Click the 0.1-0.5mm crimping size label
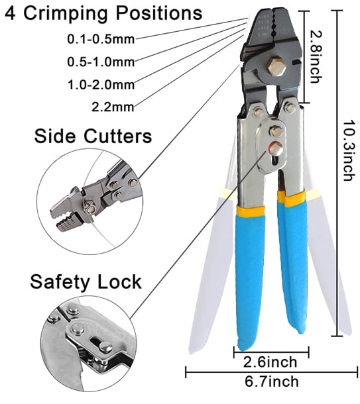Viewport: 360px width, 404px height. click(x=101, y=40)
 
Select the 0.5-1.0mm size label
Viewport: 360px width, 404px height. click(x=101, y=62)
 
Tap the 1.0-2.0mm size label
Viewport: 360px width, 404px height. click(x=101, y=85)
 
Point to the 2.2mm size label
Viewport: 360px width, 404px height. click(x=113, y=107)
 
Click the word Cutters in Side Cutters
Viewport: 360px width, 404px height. click(x=118, y=136)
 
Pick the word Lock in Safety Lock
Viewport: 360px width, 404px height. click(x=119, y=281)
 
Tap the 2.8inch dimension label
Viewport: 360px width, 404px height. click(x=316, y=56)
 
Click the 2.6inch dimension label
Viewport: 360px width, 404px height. click(x=270, y=362)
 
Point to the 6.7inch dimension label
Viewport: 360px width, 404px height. click(x=272, y=381)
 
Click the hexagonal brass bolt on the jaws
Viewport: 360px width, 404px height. click(x=276, y=66)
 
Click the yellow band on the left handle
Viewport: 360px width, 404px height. click(x=251, y=212)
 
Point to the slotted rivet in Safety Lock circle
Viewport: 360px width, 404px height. click(x=105, y=346)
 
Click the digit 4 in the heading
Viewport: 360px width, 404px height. click(x=11, y=14)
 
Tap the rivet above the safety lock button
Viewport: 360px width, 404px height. click(x=276, y=131)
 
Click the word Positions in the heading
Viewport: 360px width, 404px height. click(x=159, y=13)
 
